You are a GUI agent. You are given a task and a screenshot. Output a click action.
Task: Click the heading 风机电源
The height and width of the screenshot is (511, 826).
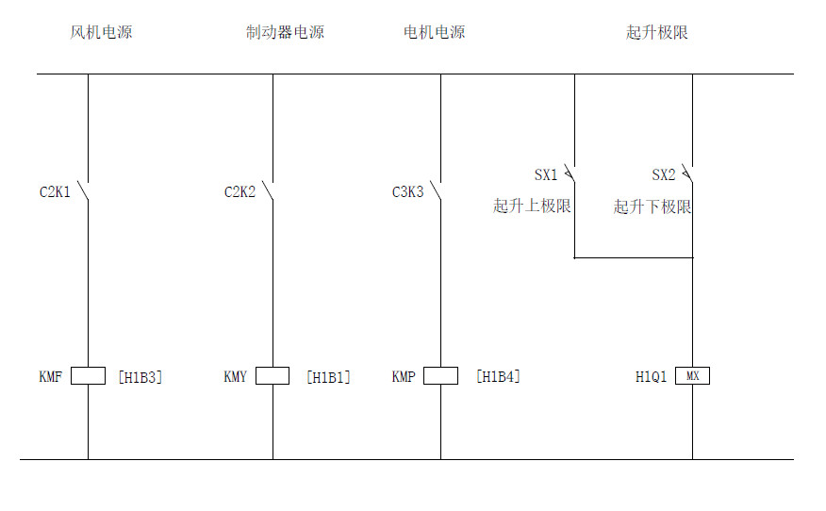tap(101, 32)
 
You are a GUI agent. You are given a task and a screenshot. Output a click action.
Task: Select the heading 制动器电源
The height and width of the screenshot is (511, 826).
tap(285, 32)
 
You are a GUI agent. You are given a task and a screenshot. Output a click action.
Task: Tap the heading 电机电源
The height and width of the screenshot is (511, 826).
tap(434, 32)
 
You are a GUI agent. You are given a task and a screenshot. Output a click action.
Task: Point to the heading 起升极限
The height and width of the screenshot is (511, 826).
tap(657, 32)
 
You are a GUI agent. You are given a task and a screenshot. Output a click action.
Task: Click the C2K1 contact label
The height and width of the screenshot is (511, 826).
tap(55, 192)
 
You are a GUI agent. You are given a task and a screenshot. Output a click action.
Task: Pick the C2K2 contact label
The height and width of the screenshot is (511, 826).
tap(240, 192)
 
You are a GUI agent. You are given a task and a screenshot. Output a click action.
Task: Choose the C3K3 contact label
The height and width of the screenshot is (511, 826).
tap(407, 192)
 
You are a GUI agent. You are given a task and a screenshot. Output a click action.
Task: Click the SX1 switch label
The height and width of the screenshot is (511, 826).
tap(546, 174)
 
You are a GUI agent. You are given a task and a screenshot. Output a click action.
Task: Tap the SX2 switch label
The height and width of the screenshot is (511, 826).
tap(664, 174)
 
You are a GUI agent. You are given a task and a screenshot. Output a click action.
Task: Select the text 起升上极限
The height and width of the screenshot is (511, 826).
tap(532, 206)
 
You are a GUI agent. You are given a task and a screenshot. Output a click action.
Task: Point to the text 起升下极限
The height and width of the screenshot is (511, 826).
tap(653, 206)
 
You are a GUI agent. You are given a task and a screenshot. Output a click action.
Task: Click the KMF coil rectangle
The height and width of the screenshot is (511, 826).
tap(88, 376)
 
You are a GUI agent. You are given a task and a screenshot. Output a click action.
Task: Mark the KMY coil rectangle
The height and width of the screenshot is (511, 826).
tap(273, 376)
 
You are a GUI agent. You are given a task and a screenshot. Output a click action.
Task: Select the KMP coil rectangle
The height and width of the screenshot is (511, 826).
tap(440, 376)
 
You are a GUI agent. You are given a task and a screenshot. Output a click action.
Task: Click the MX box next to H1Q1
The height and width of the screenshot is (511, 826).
tap(693, 376)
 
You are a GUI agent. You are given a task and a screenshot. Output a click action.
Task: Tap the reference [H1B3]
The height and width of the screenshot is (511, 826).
tap(140, 377)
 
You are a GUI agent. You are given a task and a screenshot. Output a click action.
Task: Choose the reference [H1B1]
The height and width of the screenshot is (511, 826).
tap(327, 377)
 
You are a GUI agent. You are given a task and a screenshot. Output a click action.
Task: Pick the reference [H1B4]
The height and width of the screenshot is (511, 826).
tap(497, 377)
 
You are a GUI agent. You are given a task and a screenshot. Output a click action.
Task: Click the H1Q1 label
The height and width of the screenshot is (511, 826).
tap(651, 377)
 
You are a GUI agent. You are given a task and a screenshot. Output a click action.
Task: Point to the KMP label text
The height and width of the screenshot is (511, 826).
tap(404, 377)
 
